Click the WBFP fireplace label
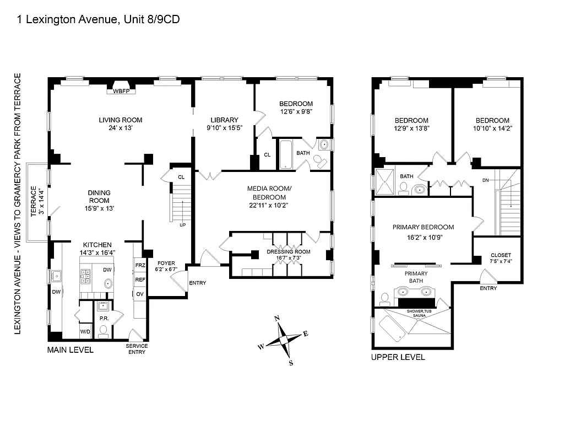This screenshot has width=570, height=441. tap(121, 92)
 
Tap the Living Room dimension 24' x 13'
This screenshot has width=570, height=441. tap(121, 128)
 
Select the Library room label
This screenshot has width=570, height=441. tap(225, 120)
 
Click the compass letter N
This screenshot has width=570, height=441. tap(278, 318)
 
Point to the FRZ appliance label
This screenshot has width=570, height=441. tap(140, 265)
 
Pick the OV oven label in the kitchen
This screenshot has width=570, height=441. tap(140, 294)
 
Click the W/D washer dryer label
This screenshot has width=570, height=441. tap(85, 332)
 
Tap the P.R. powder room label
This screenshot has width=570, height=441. tap(102, 318)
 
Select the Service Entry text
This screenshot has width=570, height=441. tap(137, 349)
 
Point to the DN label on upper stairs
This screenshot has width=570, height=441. tap(485, 180)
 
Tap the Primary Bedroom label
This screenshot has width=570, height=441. tap(423, 227)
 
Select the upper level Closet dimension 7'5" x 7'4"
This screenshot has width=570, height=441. tap(501, 261)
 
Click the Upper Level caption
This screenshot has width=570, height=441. tap(398, 357)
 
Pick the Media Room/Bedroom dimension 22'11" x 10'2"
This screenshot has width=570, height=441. tap(269, 205)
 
